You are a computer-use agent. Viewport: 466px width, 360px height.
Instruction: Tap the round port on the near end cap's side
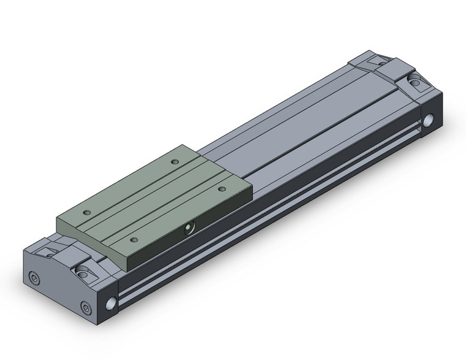[x=110, y=303]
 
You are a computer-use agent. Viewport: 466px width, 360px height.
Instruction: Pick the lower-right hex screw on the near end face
[x=85, y=307]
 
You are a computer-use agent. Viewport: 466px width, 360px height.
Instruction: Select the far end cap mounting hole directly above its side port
[x=415, y=80]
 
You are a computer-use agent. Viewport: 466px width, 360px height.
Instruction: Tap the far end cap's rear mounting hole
[x=381, y=61]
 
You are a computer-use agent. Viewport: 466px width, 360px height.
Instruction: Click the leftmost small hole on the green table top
[x=86, y=212]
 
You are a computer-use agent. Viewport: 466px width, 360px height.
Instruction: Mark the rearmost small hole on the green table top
[x=174, y=162]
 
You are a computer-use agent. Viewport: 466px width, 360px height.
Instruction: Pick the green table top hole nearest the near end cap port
[x=134, y=239]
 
